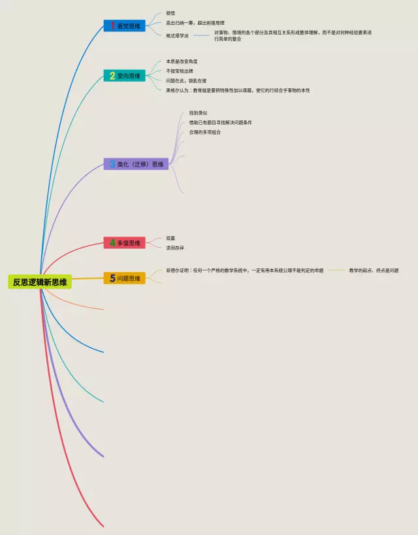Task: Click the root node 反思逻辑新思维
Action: (40, 282)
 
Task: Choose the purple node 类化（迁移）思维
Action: (136, 164)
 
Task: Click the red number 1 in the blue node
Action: (112, 25)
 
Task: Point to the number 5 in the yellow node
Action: (112, 278)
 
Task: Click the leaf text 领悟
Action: (170, 13)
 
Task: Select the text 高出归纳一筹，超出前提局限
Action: (195, 24)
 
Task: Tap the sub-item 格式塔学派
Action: (177, 35)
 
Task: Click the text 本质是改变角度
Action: (182, 61)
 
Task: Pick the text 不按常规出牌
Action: (179, 71)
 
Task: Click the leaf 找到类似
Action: (189, 113)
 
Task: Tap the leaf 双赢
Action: (170, 238)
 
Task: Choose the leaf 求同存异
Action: (175, 248)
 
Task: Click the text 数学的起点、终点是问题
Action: (374, 270)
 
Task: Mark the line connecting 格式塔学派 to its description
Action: (201, 35)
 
